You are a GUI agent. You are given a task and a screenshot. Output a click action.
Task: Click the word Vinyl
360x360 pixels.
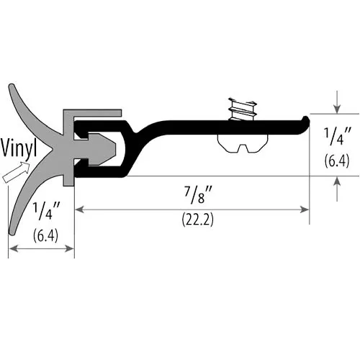click(19, 149)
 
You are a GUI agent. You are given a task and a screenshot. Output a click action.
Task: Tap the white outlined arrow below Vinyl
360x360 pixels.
click(16, 173)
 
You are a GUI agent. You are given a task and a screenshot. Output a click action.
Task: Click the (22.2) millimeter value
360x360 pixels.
click(197, 220)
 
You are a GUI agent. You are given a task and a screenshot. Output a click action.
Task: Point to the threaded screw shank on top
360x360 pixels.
click(242, 109)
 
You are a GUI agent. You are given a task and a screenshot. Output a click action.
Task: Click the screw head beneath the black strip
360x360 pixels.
click(243, 143)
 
